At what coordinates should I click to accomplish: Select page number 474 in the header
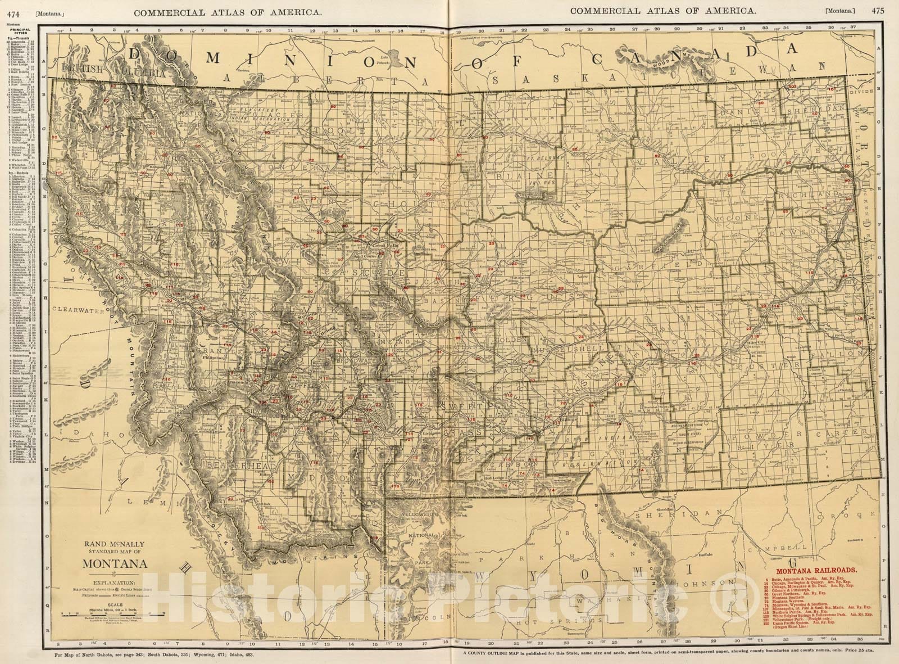(x=12, y=10)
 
